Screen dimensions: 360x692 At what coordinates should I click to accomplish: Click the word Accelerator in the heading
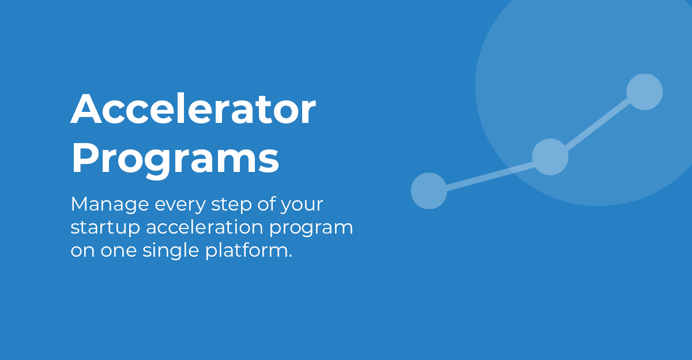point(193,110)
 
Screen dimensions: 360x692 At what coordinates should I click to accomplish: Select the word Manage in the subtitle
point(103,205)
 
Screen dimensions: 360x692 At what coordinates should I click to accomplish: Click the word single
point(164,252)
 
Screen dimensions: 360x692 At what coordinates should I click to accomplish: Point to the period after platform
point(289,257)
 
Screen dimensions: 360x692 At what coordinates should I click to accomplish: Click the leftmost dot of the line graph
point(429,191)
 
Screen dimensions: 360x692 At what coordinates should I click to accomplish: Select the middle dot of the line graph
point(550,157)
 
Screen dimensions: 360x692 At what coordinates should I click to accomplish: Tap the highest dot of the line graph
point(644,92)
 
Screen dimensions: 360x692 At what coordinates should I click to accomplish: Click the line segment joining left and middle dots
point(489,174)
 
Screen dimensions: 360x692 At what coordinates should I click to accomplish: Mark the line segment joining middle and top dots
point(597,125)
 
